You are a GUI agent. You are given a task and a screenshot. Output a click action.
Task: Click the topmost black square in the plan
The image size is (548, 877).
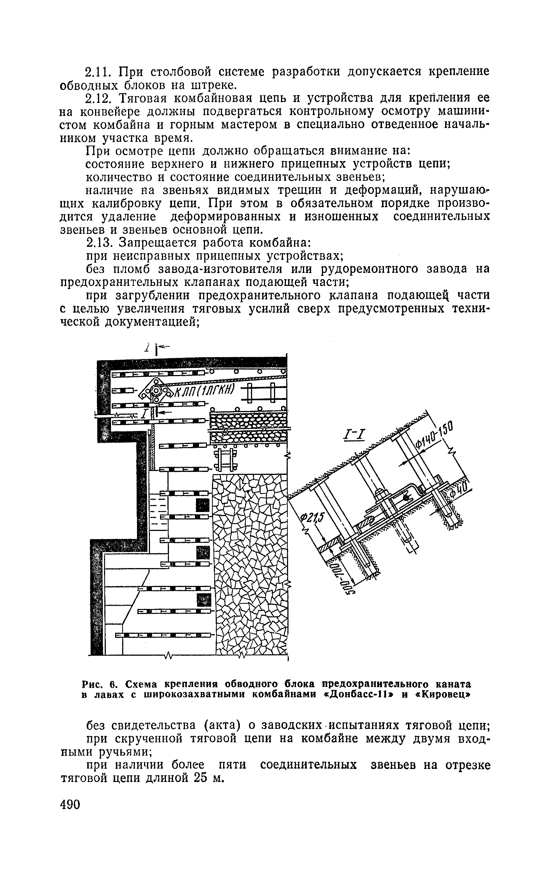point(203,505)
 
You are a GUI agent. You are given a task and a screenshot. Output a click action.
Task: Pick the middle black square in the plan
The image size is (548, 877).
point(203,552)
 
